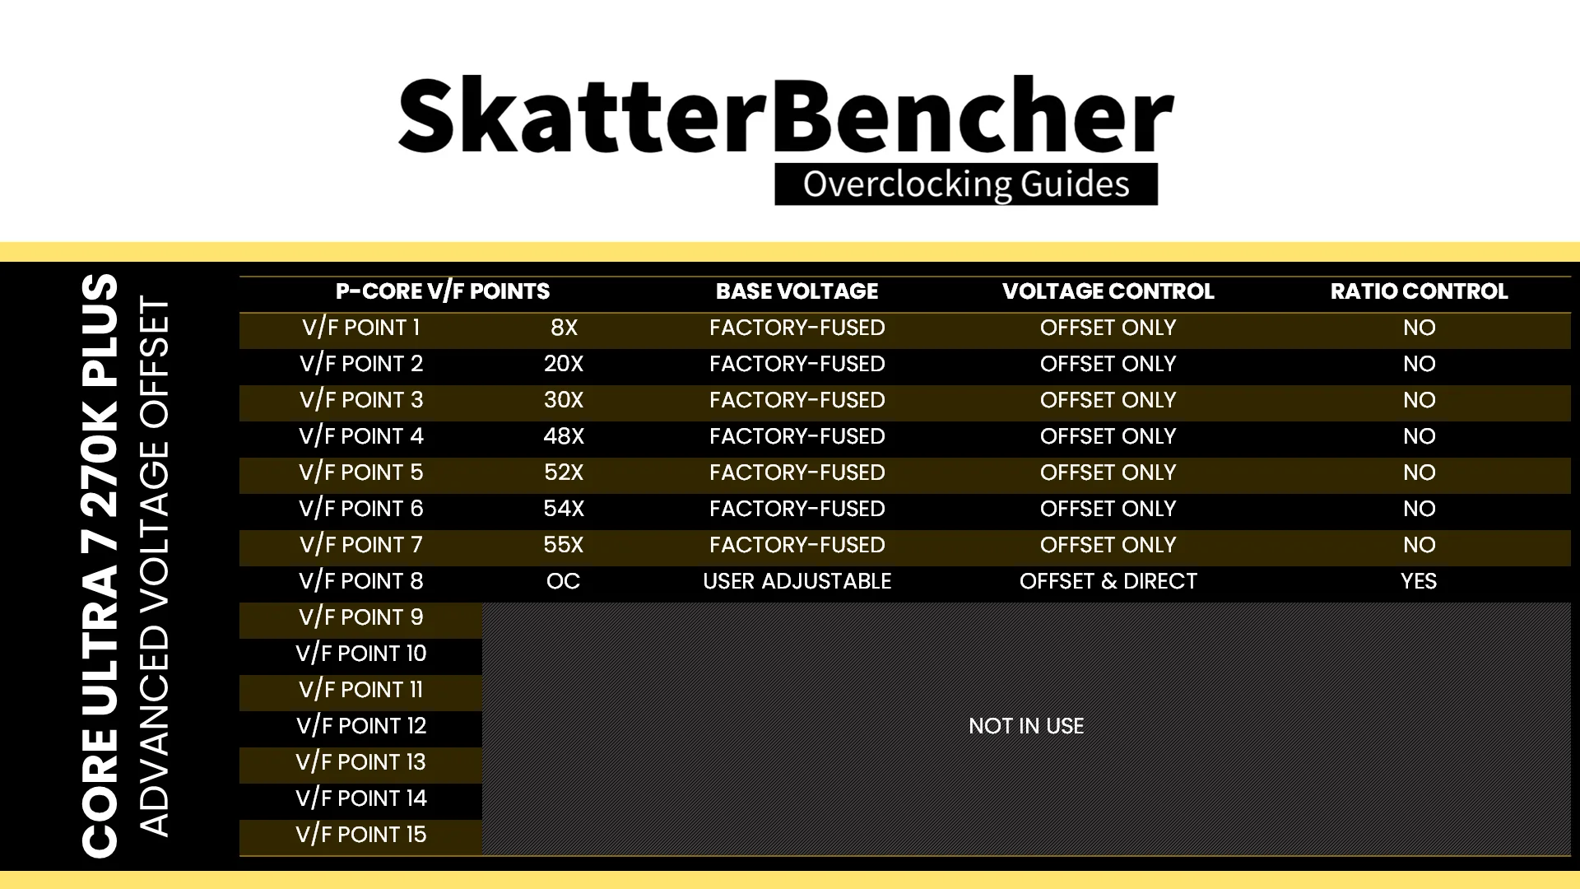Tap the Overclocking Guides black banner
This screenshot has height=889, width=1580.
coord(966,184)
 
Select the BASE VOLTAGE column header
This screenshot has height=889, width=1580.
coord(797,291)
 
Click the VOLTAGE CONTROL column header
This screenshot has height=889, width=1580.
coord(1108,291)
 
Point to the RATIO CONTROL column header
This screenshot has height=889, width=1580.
coord(1419,291)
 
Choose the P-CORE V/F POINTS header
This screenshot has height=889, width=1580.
coord(443,291)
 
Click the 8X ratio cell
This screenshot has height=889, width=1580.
coord(564,328)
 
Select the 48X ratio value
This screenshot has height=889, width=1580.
coord(564,436)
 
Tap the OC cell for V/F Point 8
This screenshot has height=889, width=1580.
coord(564,581)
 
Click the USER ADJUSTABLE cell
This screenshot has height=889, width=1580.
coord(797,581)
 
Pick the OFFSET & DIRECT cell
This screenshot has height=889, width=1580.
coord(1108,581)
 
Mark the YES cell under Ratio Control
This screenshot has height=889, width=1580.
coord(1419,581)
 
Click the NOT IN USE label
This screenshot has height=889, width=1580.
coord(1026,726)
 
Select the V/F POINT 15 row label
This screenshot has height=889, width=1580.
coord(361,835)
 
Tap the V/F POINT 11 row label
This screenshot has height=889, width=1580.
coord(361,690)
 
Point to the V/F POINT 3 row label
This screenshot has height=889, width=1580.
coord(361,400)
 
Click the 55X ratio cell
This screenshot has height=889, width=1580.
coord(564,545)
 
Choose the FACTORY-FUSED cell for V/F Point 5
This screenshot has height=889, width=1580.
coord(797,472)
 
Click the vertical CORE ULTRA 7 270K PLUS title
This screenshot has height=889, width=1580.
coord(100,566)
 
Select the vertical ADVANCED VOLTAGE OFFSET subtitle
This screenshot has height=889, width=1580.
coord(154,566)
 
